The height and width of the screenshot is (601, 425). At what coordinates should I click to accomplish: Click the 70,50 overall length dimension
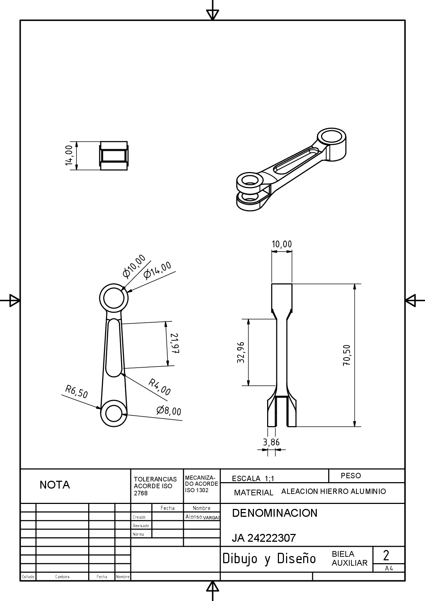coord(347,355)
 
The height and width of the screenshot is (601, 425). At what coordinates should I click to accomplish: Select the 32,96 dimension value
coord(241,352)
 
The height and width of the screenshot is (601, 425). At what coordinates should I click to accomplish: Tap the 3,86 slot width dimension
coord(271,443)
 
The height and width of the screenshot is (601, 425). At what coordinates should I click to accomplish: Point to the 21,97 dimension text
coord(174,343)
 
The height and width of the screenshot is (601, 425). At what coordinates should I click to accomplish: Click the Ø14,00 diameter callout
coord(157,270)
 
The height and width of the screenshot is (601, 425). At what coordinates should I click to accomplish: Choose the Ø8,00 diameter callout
coord(169,411)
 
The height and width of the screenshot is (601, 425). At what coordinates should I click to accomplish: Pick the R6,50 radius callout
coord(76,392)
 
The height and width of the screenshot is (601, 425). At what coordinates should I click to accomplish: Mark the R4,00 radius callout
coord(160,387)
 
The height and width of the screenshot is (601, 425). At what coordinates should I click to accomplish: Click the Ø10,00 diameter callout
coord(134,266)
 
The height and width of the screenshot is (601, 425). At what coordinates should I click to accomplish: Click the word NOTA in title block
coord(55,485)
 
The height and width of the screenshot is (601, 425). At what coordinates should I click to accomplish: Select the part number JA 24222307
coord(264,538)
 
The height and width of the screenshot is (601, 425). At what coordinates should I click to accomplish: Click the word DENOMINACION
coord(275,513)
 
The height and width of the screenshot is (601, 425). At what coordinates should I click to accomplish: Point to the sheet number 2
coord(386,555)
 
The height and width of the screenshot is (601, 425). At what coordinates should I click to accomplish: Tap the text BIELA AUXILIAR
coord(349,559)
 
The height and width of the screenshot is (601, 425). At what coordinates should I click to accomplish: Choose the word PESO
coord(351,476)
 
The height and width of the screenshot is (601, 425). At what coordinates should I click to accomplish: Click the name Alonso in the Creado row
coord(194,516)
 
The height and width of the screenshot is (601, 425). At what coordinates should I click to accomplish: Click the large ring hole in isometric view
coord(332,136)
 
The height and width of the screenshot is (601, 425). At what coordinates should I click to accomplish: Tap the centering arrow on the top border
coord(212,14)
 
